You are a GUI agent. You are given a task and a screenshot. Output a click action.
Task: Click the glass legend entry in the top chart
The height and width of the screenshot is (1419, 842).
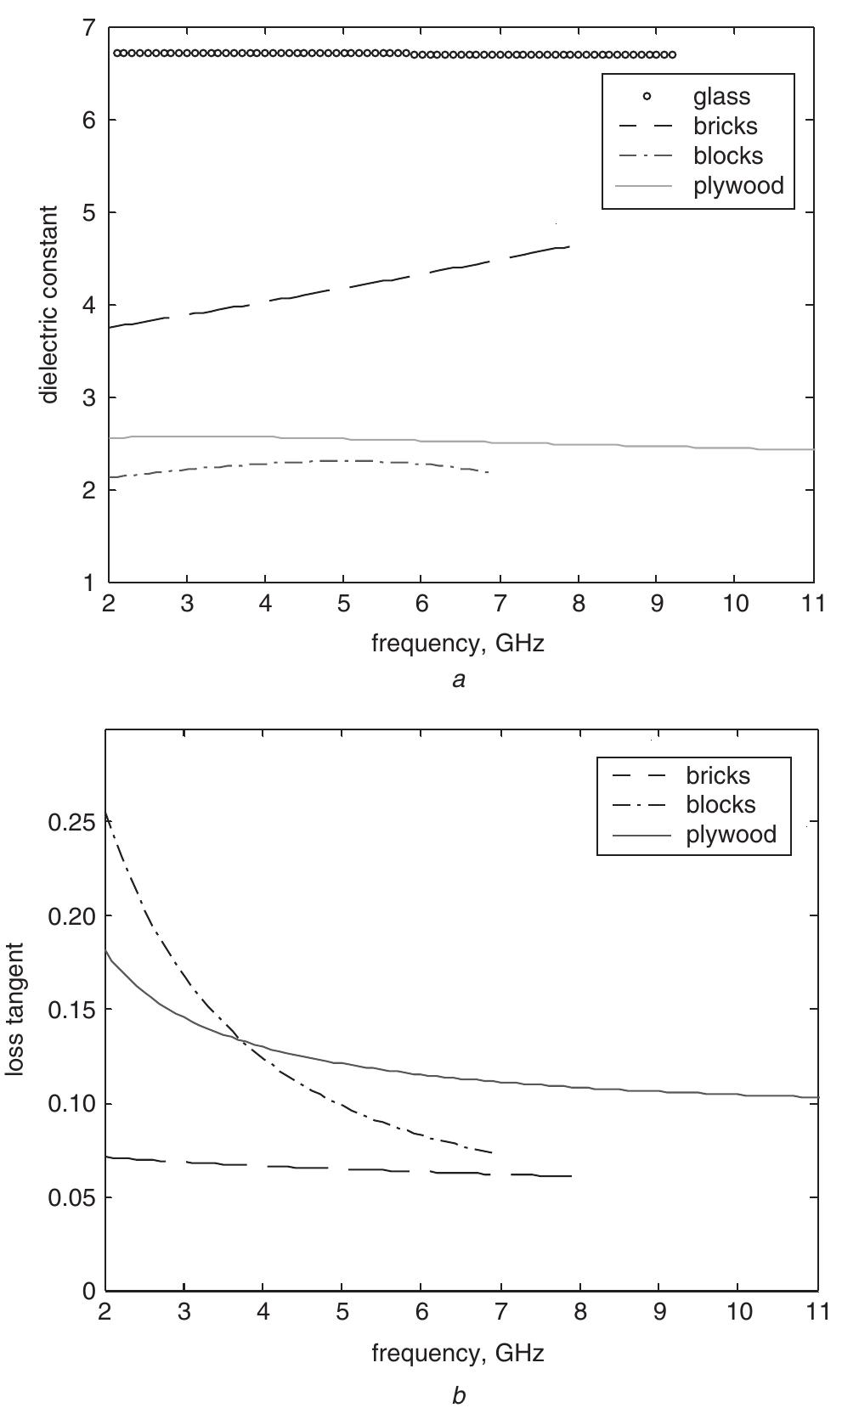pos(721,97)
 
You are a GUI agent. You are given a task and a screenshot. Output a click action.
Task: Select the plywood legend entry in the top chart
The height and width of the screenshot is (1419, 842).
pos(737,185)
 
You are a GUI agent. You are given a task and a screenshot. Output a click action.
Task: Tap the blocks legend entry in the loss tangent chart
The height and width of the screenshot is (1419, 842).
pos(721,803)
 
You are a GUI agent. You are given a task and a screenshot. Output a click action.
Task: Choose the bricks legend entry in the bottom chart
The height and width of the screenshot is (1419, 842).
pos(718,774)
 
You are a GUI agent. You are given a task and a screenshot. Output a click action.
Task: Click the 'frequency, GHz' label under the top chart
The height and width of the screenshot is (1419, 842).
pos(458,644)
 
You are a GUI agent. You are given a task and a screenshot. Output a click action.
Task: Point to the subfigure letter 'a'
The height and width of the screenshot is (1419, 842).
pos(459,679)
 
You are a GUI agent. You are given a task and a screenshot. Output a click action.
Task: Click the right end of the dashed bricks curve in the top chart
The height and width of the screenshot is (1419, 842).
pos(568,246)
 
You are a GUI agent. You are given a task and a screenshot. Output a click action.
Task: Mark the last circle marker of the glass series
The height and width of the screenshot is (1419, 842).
pos(673,54)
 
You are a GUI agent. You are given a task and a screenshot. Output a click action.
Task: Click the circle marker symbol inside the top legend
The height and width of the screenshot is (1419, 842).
pos(647,97)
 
